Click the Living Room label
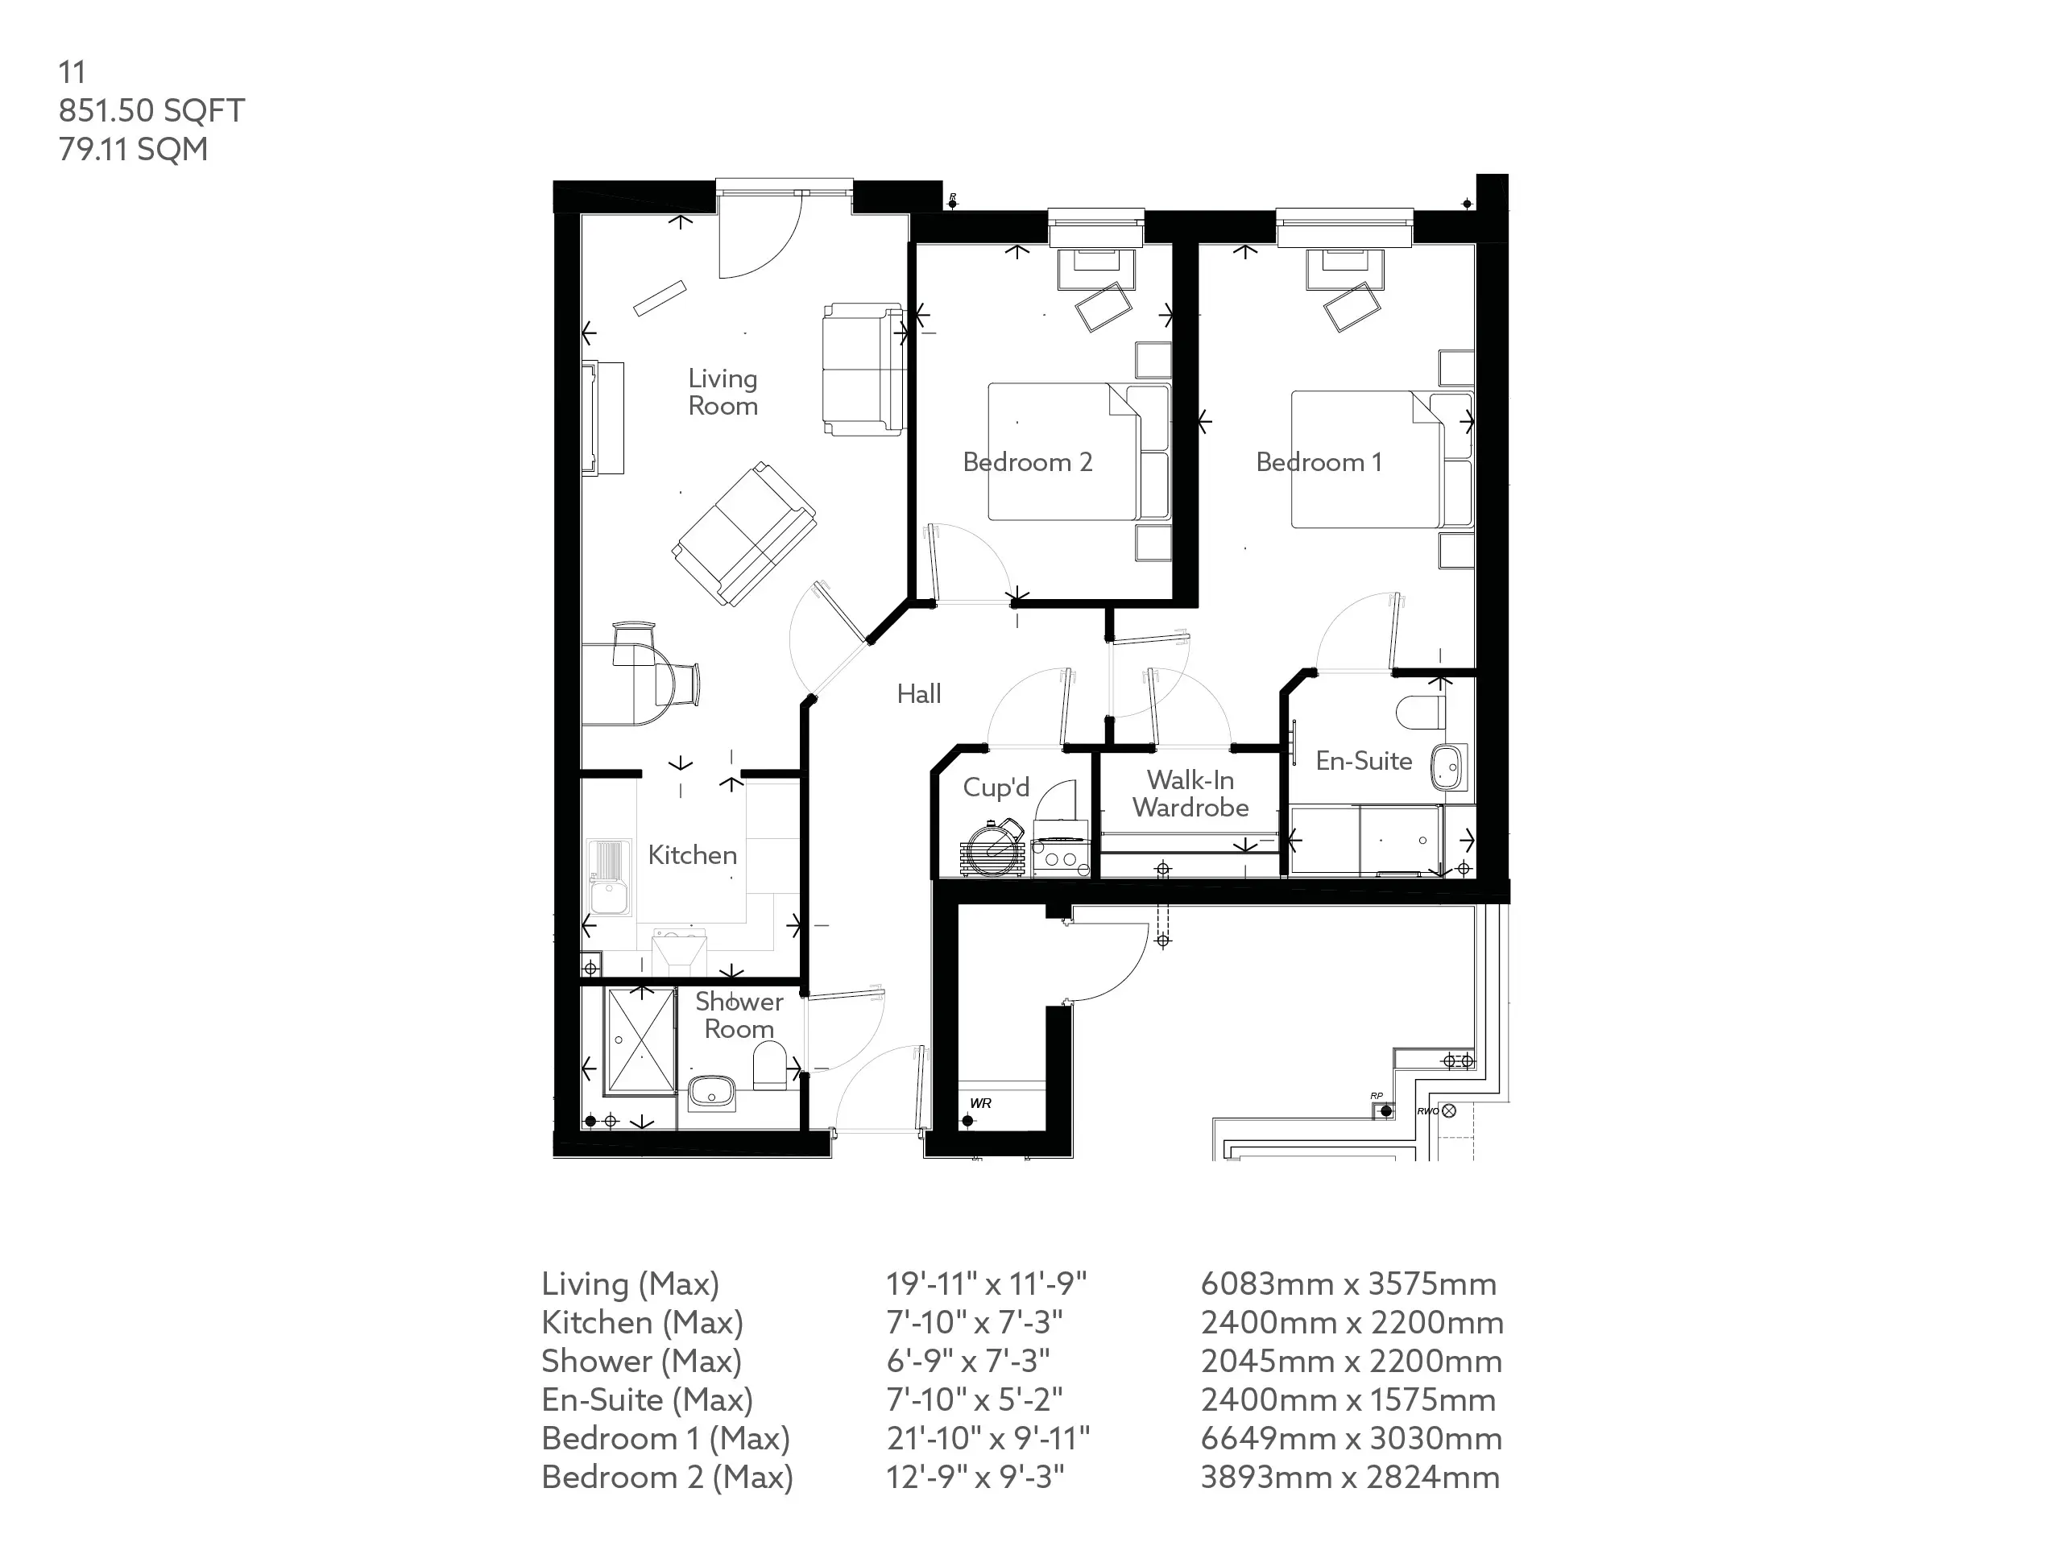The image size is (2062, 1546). pos(723,392)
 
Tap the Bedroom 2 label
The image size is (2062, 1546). pos(1027,462)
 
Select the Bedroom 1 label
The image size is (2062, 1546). pos(1319,462)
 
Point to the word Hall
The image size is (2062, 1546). pos(919,693)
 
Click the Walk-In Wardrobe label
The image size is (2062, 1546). pos(1190,793)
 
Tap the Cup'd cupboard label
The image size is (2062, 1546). pos(996,787)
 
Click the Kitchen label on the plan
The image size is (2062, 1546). pos(692,854)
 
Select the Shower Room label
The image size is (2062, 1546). pos(739,1015)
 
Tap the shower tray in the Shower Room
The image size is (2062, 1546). pos(640,1041)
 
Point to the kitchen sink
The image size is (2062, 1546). pos(610,878)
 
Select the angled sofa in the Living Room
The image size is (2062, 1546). pos(744,534)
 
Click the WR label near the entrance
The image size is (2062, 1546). pos(981,1103)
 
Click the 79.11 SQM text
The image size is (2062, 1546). pos(133,149)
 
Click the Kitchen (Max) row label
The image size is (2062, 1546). pos(642,1323)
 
